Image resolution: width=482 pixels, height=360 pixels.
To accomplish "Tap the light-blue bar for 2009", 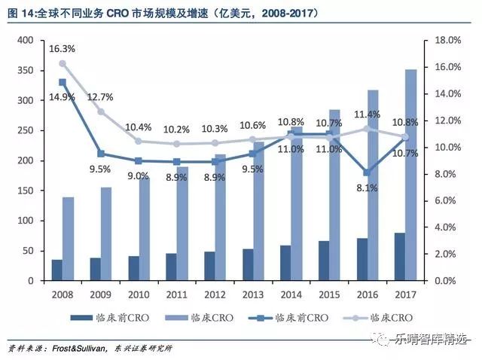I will coord(107,234).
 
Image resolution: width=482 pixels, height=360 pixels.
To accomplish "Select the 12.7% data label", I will coord(101,96).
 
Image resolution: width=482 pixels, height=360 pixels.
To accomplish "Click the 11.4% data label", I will coord(367,114).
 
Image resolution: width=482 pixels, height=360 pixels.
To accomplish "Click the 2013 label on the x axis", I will coord(254,294).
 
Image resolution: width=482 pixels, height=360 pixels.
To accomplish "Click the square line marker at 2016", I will coord(366,172).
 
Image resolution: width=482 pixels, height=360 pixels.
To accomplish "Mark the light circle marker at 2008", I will coord(63,64).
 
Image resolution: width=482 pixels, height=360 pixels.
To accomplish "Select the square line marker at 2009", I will coord(102,154).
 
